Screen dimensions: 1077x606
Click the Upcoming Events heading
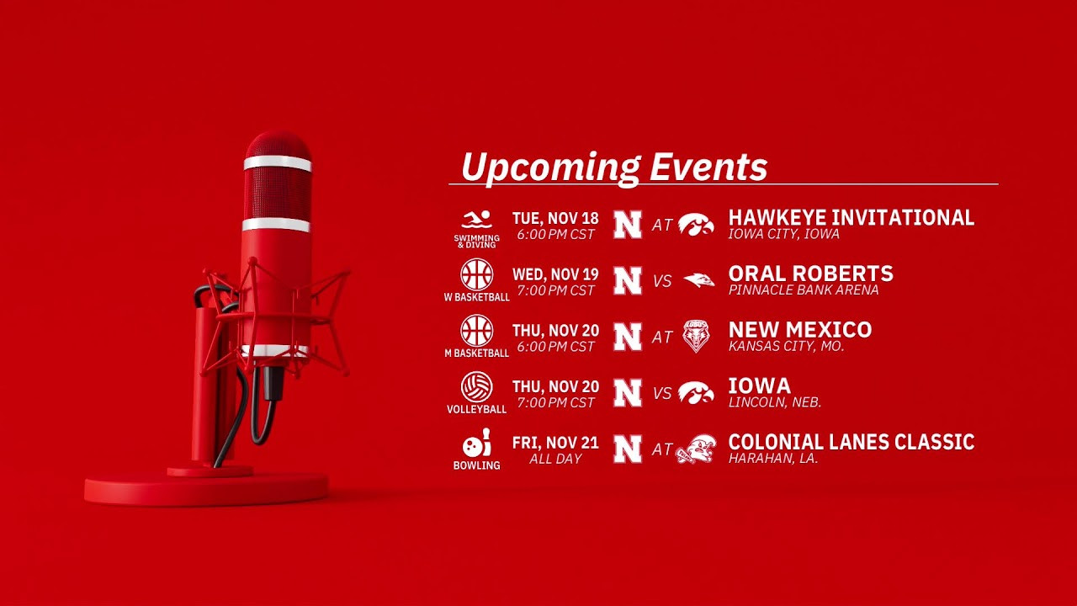click(614, 167)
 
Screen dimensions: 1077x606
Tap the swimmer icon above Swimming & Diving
click(476, 220)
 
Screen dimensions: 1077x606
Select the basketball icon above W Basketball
click(476, 274)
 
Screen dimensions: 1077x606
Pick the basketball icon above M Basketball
click(476, 331)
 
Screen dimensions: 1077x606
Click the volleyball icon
click(476, 386)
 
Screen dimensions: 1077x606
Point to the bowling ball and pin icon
click(476, 443)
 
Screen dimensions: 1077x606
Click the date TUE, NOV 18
click(555, 219)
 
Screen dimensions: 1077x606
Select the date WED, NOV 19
click(555, 274)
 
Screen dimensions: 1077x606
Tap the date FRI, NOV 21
click(555, 443)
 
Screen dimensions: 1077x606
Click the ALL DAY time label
click(555, 460)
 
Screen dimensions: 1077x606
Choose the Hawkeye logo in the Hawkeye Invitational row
click(696, 225)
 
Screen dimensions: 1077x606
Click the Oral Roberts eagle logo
click(699, 280)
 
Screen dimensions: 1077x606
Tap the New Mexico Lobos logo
click(696, 336)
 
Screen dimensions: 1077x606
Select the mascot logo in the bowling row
click(696, 449)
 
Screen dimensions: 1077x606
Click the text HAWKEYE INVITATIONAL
click(852, 217)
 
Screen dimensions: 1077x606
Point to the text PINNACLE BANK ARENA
click(804, 290)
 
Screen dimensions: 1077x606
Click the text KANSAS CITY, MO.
click(787, 346)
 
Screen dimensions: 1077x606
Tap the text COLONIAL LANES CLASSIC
click(852, 442)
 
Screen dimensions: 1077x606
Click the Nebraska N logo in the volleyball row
click(628, 393)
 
